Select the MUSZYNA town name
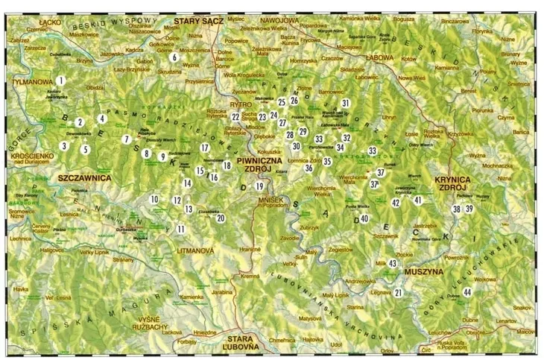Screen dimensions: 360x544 coord(423,272)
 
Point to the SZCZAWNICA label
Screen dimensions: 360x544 coord(83,179)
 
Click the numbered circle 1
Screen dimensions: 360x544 coord(61,80)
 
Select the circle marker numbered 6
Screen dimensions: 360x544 coord(174,57)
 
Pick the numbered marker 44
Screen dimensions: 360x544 coord(466,292)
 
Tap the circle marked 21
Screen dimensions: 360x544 coord(399,293)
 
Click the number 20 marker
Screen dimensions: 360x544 coord(220,218)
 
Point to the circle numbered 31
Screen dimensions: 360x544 coord(345,103)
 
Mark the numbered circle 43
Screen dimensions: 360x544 coord(393,262)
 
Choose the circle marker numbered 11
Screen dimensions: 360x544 coord(180,229)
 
